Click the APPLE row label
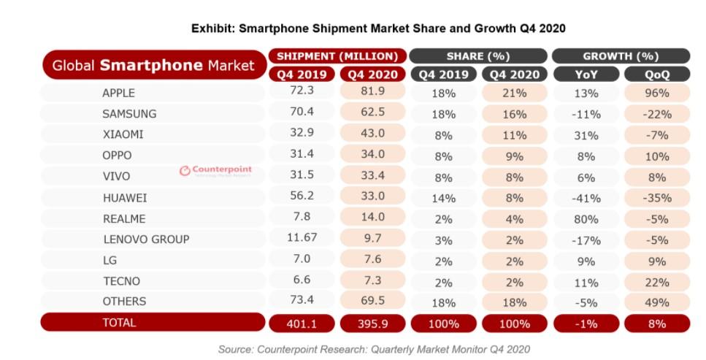118,93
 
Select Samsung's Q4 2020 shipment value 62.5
372,113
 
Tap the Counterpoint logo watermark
215,171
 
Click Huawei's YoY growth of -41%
586,198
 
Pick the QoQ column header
657,74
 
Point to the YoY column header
586,74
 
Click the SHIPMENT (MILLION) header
337,56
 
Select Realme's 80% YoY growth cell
586,218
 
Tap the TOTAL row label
119,322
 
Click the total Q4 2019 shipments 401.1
302,323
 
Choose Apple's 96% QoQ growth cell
657,93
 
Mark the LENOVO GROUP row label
145,239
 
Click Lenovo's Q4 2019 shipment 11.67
302,239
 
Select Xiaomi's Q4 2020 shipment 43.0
372,134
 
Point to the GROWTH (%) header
621,56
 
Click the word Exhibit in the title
212,28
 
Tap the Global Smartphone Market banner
153,65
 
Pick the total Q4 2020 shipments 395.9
372,323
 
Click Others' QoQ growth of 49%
657,301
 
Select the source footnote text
373,349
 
